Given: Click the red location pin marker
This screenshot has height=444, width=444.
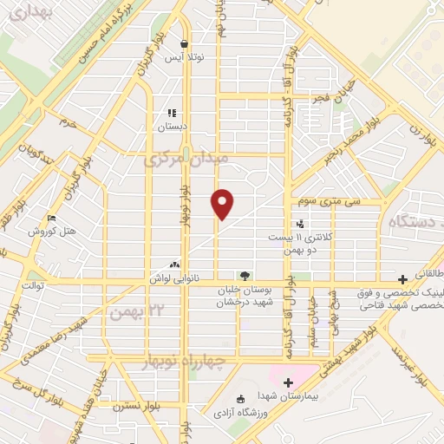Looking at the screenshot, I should [223, 202].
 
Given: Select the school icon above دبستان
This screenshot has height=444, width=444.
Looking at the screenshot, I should [172, 113].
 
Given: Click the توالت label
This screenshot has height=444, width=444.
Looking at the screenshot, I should [33, 284].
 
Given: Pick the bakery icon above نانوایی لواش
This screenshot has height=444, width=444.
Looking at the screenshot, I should [176, 264].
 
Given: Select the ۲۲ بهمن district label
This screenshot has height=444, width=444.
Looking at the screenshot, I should [130, 310].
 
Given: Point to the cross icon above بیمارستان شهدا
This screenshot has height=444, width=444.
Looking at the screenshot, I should [288, 382].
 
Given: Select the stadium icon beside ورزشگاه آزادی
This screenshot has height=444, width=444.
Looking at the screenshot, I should [240, 400].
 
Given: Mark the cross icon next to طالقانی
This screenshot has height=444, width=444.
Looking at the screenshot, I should [402, 279].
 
